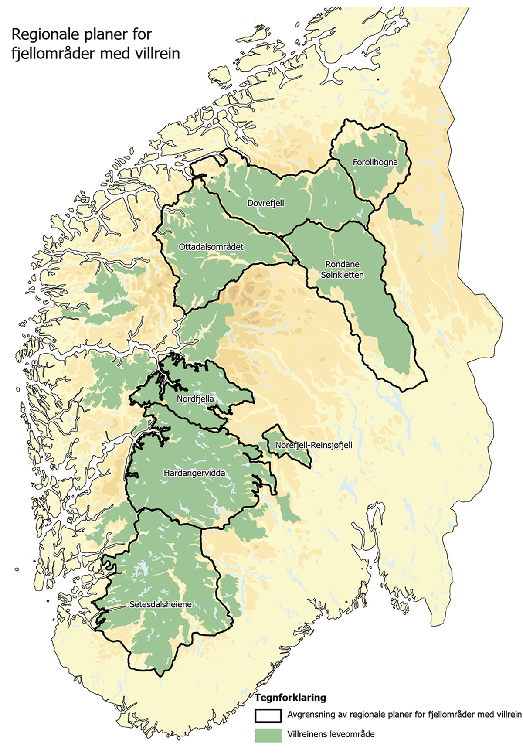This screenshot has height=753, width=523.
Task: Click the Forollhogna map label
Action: pyautogui.click(x=375, y=162)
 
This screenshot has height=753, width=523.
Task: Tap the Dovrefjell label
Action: pyautogui.click(x=265, y=203)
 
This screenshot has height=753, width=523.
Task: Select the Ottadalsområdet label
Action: pyautogui.click(x=211, y=247)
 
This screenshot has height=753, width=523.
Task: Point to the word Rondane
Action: pyautogui.click(x=343, y=264)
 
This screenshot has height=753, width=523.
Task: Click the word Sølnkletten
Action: pyautogui.click(x=342, y=275)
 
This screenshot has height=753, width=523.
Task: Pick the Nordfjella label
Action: pyautogui.click(x=195, y=399)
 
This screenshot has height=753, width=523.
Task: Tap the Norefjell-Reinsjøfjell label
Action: pyautogui.click(x=314, y=446)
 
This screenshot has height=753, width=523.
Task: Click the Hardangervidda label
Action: pyautogui.click(x=194, y=473)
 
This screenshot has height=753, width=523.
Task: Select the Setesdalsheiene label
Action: pyautogui.click(x=160, y=605)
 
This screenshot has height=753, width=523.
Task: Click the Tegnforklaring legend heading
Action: pyautogui.click(x=290, y=698)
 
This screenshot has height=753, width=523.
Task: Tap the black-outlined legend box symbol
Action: pyautogui.click(x=268, y=716)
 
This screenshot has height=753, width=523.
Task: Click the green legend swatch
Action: pyautogui.click(x=268, y=735)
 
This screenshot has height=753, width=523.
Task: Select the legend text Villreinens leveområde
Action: pyautogui.click(x=331, y=734)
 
